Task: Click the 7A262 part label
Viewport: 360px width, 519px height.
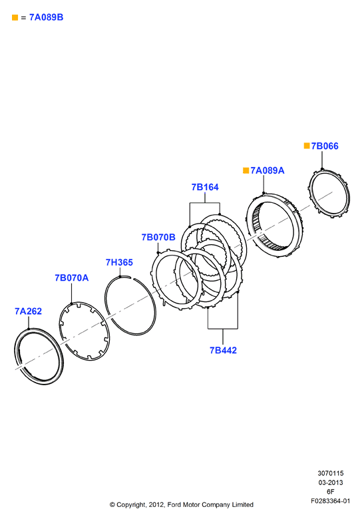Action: point(28,311)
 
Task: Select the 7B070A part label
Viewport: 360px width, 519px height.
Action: point(71,277)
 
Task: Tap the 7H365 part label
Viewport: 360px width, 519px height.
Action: point(119,262)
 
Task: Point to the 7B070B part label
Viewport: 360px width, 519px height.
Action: point(158,237)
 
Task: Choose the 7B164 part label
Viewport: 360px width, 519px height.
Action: point(205,187)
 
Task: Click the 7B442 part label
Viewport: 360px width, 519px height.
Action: point(223,350)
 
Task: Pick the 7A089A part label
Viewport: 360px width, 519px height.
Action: point(268,170)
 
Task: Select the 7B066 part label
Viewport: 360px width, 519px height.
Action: point(325,146)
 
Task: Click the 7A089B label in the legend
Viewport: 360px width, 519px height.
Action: point(47,17)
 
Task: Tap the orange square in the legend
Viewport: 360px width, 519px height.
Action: point(15,17)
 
